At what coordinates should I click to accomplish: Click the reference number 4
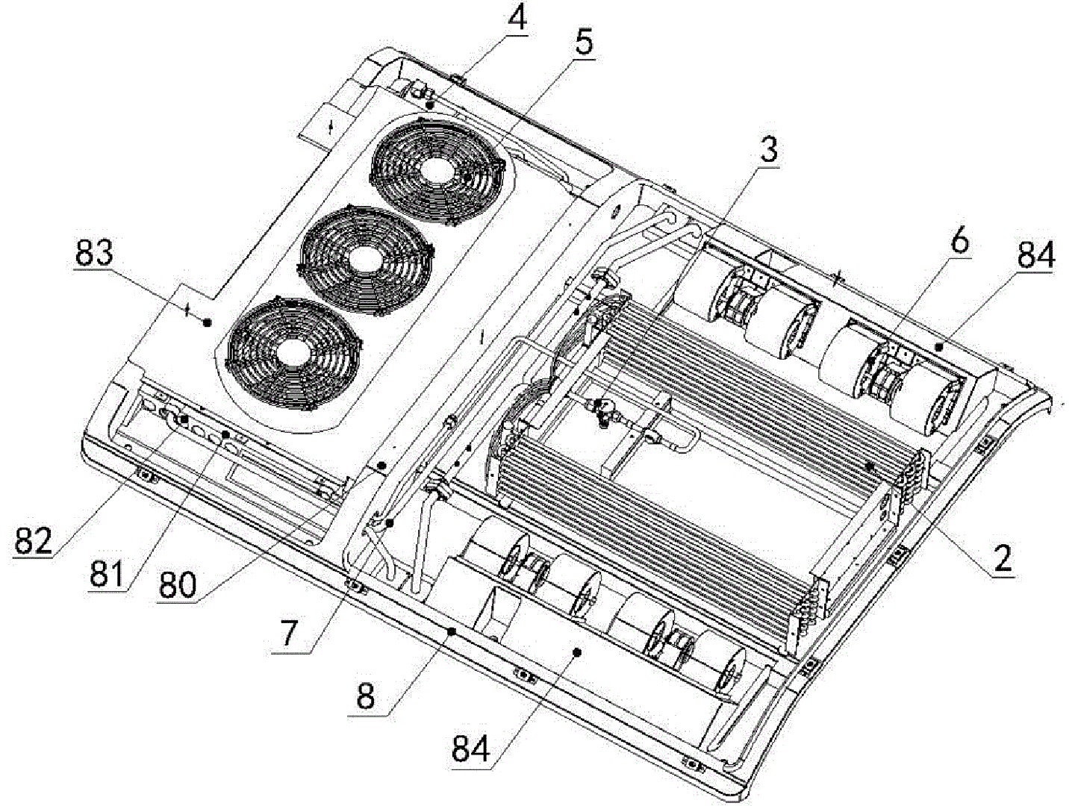[516, 18]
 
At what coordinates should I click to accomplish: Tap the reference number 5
[583, 42]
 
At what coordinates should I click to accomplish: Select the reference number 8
[366, 696]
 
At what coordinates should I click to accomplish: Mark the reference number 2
[1003, 557]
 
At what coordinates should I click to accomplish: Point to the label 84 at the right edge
[1035, 256]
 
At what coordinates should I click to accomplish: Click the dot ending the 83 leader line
[208, 322]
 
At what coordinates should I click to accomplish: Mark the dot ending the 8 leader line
[451, 631]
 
